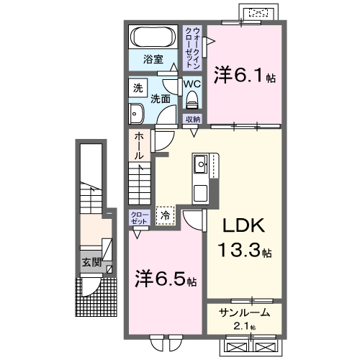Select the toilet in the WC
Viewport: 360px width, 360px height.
[192, 99]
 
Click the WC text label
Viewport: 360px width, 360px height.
[192, 84]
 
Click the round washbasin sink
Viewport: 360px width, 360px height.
[136, 112]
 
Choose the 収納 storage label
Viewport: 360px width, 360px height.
[192, 120]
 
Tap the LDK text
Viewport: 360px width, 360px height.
[243, 225]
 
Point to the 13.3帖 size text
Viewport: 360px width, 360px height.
[245, 251]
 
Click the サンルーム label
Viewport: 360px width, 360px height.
[244, 312]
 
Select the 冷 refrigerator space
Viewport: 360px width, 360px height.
[166, 214]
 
